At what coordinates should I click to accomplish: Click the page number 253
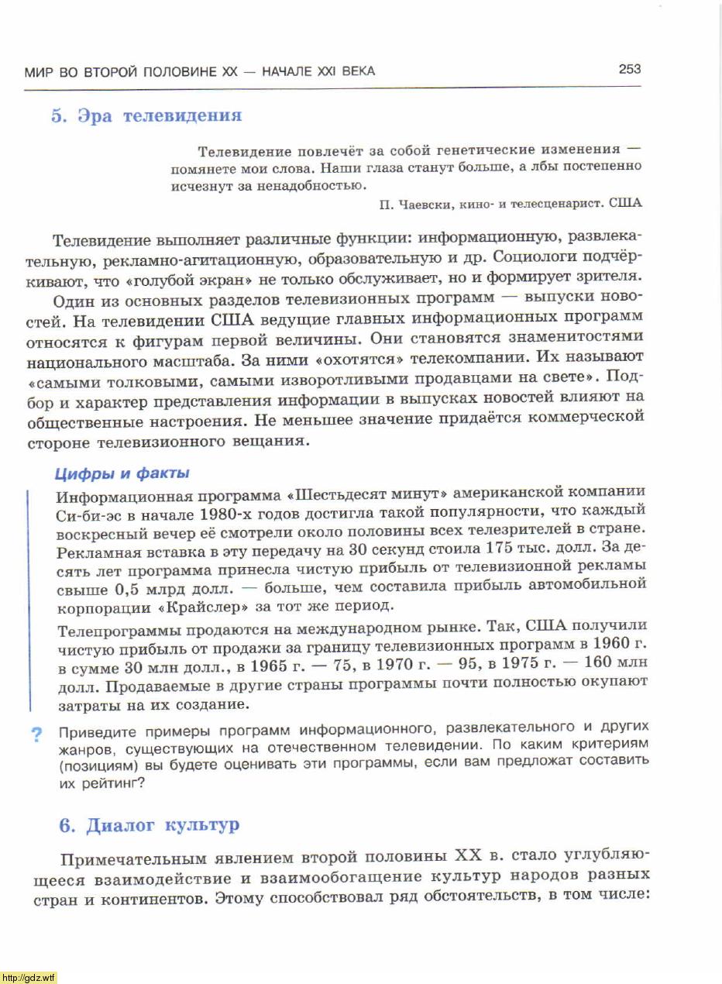tap(629, 69)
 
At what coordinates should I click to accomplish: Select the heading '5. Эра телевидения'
tap(146, 116)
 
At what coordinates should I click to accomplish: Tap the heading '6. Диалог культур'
tap(150, 825)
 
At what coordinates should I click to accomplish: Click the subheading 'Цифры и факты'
tap(122, 473)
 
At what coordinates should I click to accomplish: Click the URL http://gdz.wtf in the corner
tap(29, 977)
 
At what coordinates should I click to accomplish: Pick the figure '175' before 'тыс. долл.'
tap(500, 548)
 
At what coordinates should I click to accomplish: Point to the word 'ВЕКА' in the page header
tap(356, 71)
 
